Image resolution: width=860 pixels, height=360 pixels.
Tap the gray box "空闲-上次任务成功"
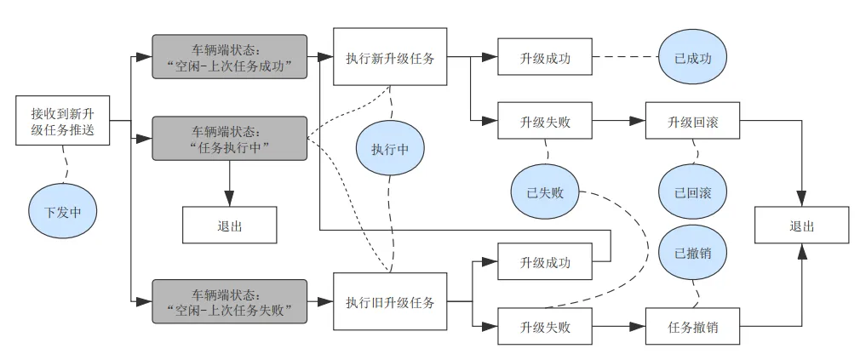coord(229,57)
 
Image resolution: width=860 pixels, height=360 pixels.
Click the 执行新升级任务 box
coord(390,57)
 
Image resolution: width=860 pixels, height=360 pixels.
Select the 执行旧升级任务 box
coord(390,301)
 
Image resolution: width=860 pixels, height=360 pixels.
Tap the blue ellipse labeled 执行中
coord(390,148)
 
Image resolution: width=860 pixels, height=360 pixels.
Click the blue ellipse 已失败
coord(545,191)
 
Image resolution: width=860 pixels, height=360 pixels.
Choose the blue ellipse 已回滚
coord(693,191)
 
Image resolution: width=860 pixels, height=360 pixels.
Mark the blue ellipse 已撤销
coord(693,253)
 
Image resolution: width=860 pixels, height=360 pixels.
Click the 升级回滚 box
coord(692,121)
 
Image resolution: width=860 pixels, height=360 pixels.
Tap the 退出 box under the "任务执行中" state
coord(229,226)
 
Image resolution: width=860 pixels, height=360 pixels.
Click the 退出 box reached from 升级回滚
coord(801,226)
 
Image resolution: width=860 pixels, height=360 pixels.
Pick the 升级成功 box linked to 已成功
coord(545,57)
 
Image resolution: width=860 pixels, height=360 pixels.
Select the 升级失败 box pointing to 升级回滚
coord(545,121)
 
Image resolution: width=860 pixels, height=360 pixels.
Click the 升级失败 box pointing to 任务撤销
coord(545,325)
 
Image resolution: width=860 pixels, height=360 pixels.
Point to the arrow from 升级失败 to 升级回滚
coord(618,121)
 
